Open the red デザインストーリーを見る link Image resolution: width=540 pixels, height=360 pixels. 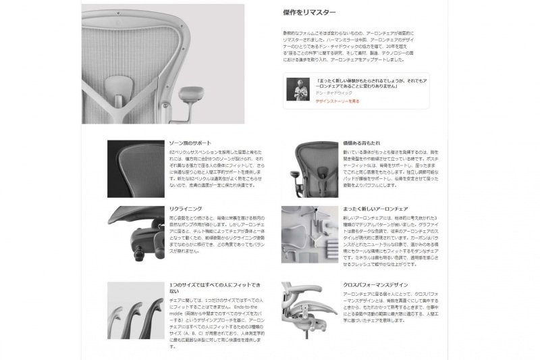pos(337,101)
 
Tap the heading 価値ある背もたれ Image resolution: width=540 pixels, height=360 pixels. pos(361,143)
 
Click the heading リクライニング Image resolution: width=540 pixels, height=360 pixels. pos(185,209)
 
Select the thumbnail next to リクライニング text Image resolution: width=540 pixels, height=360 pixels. pos(136,233)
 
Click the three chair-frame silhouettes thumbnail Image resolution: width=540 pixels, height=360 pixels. pos(136,310)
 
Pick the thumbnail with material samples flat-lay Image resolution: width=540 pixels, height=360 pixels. pos(310,234)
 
